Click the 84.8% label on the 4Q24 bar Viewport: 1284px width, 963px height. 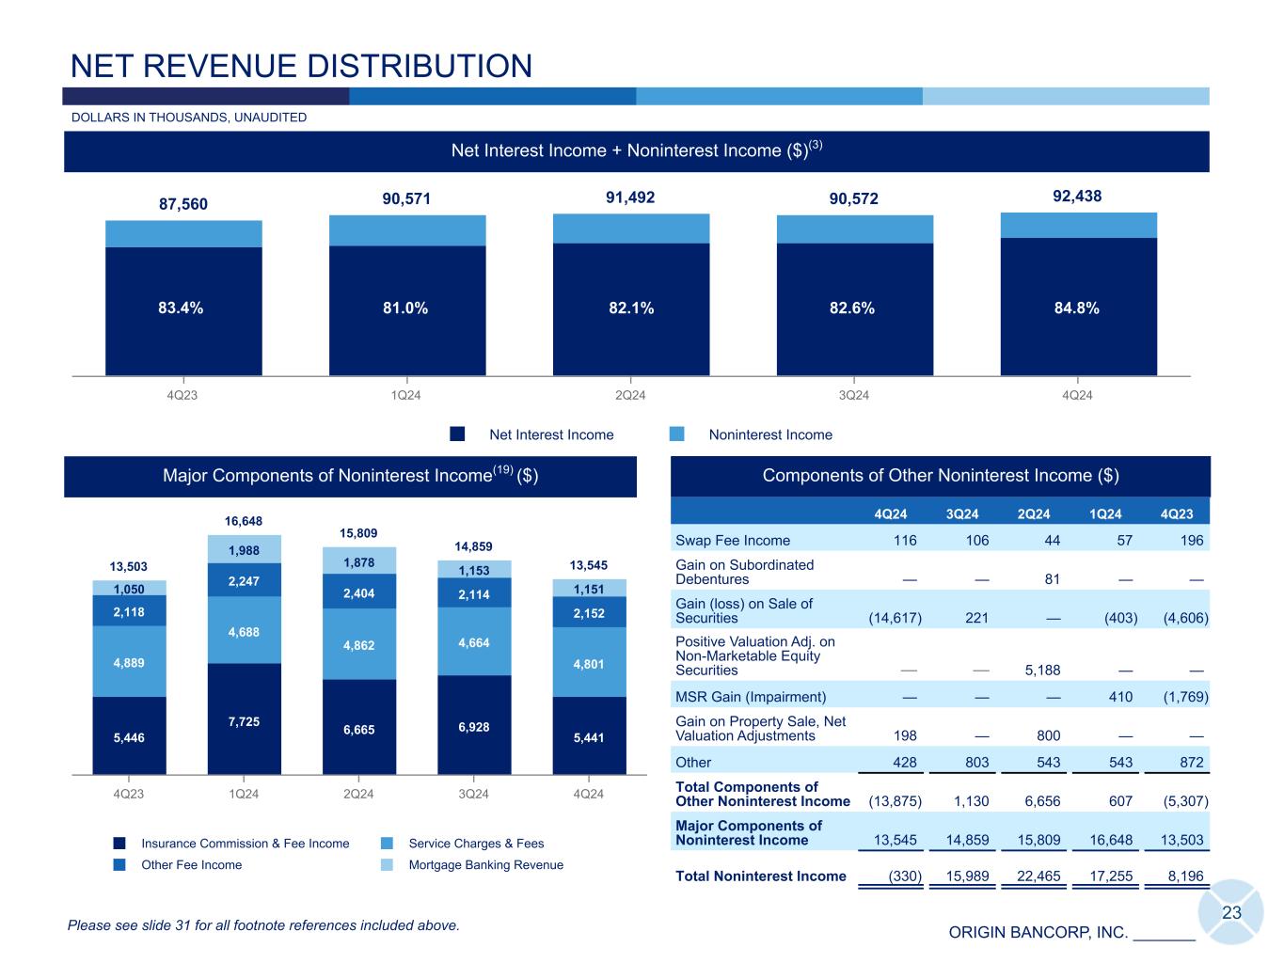pyautogui.click(x=1078, y=308)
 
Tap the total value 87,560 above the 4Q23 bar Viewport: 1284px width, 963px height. pyautogui.click(x=182, y=204)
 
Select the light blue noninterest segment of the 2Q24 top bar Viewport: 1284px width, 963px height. pyautogui.click(x=631, y=229)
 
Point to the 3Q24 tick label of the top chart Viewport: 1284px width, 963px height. pyautogui.click(x=854, y=395)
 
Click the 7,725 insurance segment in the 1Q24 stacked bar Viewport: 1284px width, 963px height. pyautogui.click(x=244, y=721)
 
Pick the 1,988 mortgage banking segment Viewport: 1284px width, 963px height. pyautogui.click(x=244, y=550)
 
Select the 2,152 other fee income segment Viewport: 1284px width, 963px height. pyautogui.click(x=588, y=613)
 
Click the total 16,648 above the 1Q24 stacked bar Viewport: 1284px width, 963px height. pyautogui.click(x=244, y=521)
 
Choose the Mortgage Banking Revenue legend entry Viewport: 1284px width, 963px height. pyautogui.click(x=485, y=865)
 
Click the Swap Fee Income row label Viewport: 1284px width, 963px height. pyautogui.click(x=733, y=541)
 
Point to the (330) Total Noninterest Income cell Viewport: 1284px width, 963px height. pyautogui.click(x=904, y=876)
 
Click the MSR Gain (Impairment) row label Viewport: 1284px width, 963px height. pyautogui.click(x=751, y=697)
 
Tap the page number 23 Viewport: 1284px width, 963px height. pyautogui.click(x=1231, y=912)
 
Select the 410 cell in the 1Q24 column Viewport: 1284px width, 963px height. pyautogui.click(x=1119, y=697)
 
